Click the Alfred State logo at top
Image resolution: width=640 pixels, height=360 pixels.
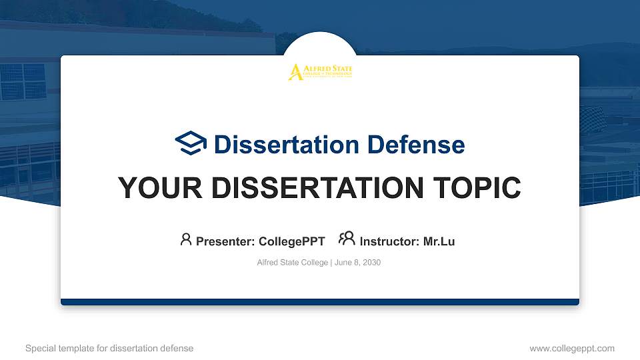tap(320, 72)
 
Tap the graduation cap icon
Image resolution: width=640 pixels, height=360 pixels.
tap(191, 144)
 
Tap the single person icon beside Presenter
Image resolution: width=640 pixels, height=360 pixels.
tap(186, 239)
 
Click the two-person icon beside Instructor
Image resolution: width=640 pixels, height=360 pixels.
tap(347, 239)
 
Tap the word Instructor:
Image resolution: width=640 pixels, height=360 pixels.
tap(390, 241)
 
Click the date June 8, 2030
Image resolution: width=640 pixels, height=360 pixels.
tap(357, 263)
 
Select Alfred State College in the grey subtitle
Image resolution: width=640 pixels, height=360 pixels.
tap(292, 263)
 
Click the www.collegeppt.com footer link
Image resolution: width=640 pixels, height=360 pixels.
tap(571, 348)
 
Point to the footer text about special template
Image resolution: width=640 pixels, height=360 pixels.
tap(109, 348)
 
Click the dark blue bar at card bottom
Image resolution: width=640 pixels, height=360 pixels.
tap(320, 302)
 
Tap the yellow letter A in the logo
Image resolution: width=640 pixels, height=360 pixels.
tap(295, 73)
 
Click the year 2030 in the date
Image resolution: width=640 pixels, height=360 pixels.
tap(371, 263)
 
